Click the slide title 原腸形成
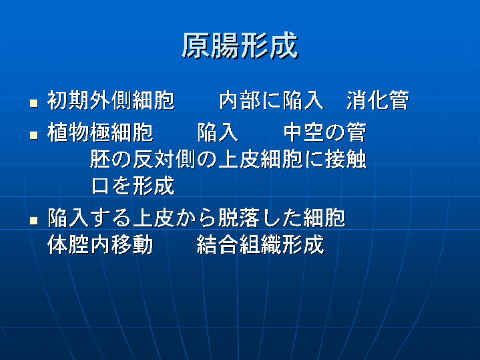coord(240,46)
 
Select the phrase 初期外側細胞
coord(111,100)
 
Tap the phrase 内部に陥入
coord(272,100)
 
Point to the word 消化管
coord(378,100)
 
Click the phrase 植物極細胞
coord(100,133)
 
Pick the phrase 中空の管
coord(325,133)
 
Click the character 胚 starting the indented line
coord(100,160)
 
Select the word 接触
coord(346,160)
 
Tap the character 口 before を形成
coord(100,186)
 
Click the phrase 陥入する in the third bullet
coord(89,218)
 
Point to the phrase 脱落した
coord(260,218)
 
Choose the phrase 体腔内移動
coord(100,244)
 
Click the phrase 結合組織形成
coord(260,244)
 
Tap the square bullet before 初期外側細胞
coord(34,103)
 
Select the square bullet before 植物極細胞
coord(34,136)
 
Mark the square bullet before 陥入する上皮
coord(34,220)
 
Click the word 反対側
coord(164,160)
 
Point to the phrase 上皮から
coord(175,218)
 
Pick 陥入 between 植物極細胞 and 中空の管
coord(218,133)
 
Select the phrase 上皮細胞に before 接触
coord(271,160)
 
